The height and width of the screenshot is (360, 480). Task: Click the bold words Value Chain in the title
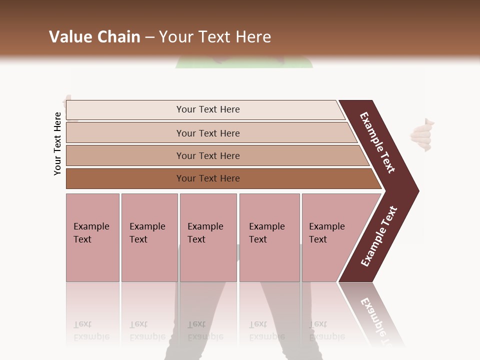94,37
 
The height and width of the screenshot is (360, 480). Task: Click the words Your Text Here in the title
215,37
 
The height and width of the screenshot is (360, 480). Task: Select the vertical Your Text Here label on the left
57,143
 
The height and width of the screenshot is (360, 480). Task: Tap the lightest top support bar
125,110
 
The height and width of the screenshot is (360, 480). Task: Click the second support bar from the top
125,133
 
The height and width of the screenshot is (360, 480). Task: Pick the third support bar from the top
125,155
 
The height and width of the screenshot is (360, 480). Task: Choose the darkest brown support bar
125,178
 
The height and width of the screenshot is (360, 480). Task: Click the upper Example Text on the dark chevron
377,142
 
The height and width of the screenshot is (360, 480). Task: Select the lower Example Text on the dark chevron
379,236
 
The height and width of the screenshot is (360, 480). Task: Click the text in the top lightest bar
208,109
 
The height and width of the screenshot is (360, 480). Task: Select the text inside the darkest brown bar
208,178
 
